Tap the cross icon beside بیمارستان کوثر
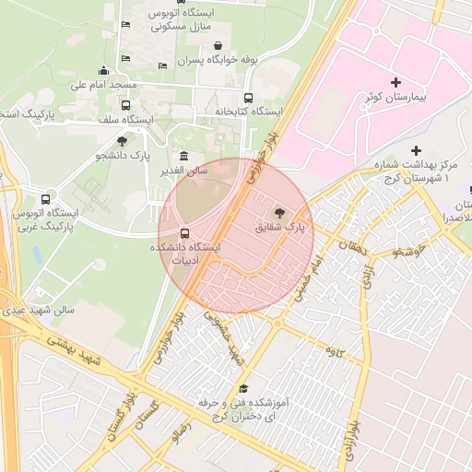pyautogui.click(x=396, y=83)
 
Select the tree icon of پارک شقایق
pyautogui.click(x=279, y=211)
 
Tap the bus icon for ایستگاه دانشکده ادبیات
pyautogui.click(x=184, y=233)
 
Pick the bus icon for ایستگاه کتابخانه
pyautogui.click(x=247, y=98)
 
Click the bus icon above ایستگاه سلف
pyautogui.click(x=125, y=105)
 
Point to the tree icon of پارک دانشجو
pyautogui.click(x=122, y=141)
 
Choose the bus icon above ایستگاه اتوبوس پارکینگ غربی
pyautogui.click(x=46, y=199)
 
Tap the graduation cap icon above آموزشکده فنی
pyautogui.click(x=243, y=389)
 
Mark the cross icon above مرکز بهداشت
pyautogui.click(x=416, y=150)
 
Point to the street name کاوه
pyautogui.click(x=333, y=350)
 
